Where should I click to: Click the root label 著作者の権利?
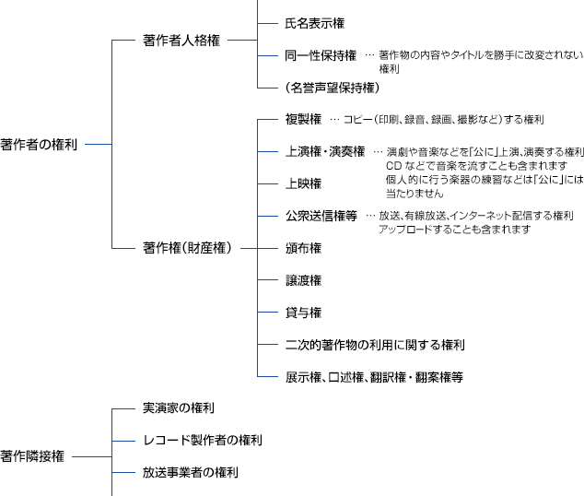(x=39, y=144)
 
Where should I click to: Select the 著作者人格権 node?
(x=181, y=41)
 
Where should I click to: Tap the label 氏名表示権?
(x=315, y=23)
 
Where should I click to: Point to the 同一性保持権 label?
(x=321, y=55)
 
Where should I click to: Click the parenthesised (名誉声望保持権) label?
(x=333, y=88)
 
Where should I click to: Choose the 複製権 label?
(x=303, y=119)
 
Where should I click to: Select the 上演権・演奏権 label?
(x=325, y=152)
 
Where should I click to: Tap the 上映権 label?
(x=303, y=183)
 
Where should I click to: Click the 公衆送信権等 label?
(x=321, y=216)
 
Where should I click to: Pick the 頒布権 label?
(x=303, y=248)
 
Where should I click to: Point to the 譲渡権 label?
(x=303, y=280)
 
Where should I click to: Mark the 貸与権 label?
(x=303, y=313)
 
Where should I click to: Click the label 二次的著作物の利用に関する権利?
(x=375, y=345)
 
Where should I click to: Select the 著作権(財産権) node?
(x=187, y=248)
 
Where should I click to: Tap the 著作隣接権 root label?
(x=32, y=456)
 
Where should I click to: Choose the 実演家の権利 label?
(x=179, y=408)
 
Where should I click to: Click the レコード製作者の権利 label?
(x=203, y=440)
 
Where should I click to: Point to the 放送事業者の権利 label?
(x=191, y=473)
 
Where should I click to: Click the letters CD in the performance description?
(x=393, y=166)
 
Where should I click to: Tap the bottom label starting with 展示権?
(x=374, y=377)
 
